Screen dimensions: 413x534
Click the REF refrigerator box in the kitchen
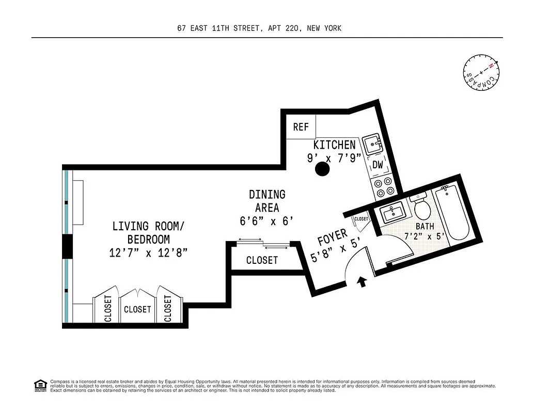pos(301,127)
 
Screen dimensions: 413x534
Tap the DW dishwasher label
pos(378,165)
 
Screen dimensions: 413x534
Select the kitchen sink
pos(372,145)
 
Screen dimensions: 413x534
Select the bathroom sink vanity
pos(392,213)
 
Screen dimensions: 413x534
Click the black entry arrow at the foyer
pos(363,281)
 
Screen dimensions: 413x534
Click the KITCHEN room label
pos(335,145)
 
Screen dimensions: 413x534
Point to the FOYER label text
pos(333,239)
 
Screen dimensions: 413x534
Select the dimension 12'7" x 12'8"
pos(148,253)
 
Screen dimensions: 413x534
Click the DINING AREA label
pos(267,201)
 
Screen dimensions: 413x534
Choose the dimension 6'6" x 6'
pos(267,221)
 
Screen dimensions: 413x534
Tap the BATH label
pos(425,227)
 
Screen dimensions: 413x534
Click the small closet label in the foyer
pos(362,219)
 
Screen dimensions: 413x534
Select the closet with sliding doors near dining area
pos(262,260)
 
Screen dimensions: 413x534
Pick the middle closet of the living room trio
pos(137,309)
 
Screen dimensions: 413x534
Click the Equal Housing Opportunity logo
pos(39,385)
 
